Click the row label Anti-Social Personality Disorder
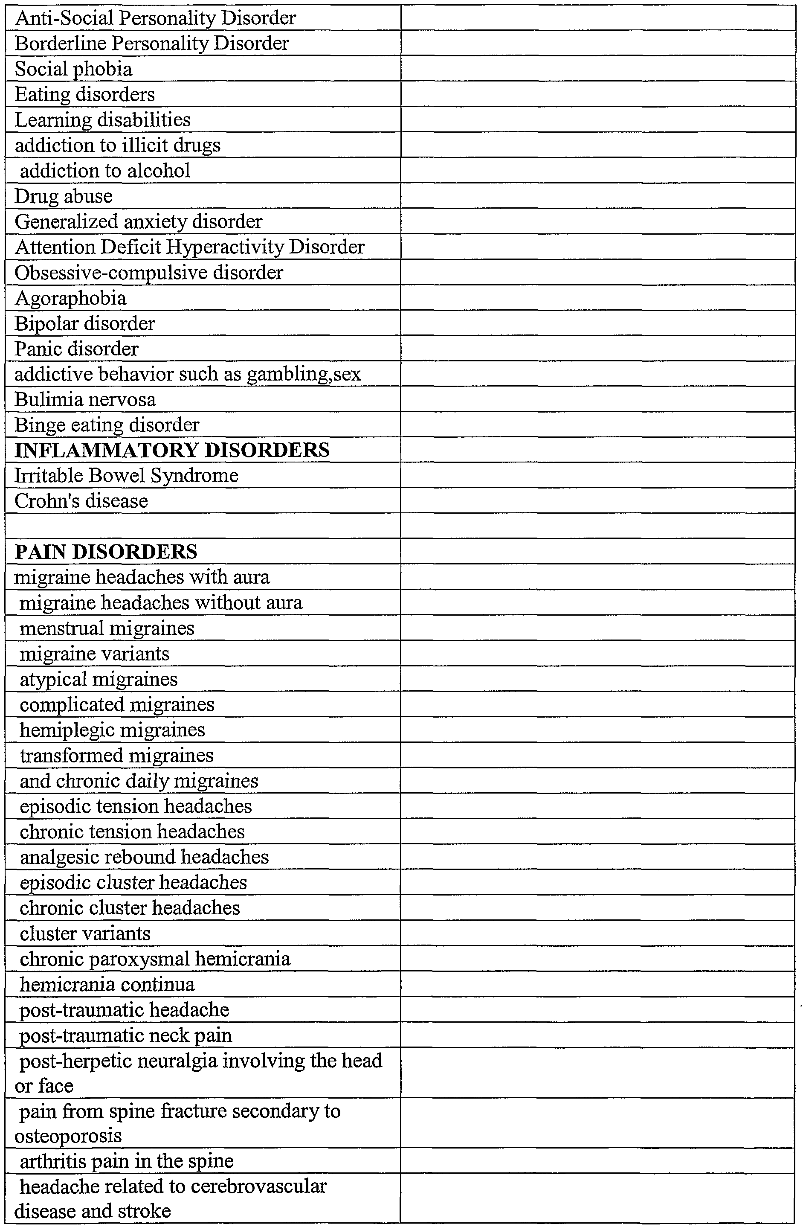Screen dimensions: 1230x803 tap(155, 18)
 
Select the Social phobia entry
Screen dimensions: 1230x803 tap(73, 69)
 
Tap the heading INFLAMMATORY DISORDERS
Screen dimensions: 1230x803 tap(172, 450)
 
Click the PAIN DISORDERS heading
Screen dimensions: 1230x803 tap(106, 552)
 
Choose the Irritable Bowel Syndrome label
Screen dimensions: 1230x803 tap(127, 475)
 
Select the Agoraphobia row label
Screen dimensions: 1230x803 tap(70, 298)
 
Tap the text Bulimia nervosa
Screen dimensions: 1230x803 tap(85, 399)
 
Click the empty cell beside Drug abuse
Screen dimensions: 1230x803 tap(597, 196)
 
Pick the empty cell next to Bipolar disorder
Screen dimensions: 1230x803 tap(597, 323)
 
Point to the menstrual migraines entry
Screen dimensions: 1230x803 tap(107, 628)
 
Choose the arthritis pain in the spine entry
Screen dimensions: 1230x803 tap(127, 1161)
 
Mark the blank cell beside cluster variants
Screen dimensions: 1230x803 tap(597, 933)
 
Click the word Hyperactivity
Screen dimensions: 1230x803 tap(225, 247)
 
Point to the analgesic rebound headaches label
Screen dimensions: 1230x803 tap(144, 857)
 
